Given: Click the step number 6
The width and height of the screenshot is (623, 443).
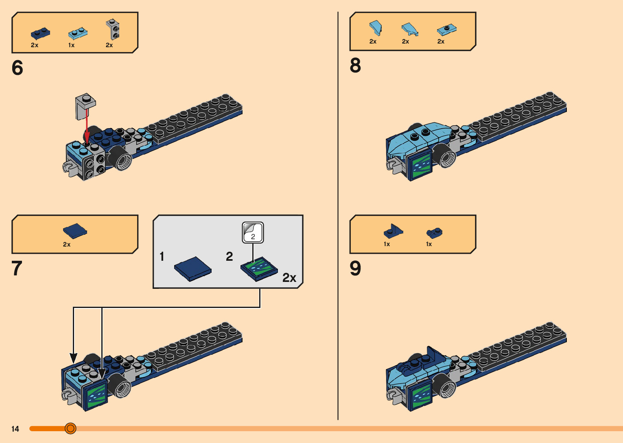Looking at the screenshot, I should coord(17,68).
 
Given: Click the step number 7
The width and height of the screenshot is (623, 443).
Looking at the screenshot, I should coord(17,268).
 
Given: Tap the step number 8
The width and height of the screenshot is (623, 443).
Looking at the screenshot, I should coord(355,65).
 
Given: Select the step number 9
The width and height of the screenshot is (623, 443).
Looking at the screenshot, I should coord(355,268).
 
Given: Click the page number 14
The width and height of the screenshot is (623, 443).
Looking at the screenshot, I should coord(15,429).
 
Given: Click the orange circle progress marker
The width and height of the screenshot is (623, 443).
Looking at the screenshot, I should coord(70,428).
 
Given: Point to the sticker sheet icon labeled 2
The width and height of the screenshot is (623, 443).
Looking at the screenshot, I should coord(253,233).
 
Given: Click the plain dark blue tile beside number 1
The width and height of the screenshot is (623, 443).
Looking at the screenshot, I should coord(192,268).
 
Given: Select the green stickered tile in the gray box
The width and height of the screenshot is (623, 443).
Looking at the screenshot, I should coord(259,269).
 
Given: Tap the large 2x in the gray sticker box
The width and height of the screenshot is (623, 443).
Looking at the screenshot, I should coord(289,278).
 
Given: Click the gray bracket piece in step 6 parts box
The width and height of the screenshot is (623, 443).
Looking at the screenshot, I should coord(113,29).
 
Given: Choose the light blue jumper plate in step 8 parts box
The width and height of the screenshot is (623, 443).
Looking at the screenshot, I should coord(446,30).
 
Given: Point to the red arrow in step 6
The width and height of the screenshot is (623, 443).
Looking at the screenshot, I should coord(87,126).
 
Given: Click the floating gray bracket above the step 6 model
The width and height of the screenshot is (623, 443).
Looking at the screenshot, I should coord(85,106).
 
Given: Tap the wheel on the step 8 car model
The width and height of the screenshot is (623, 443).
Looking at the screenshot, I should coord(446,156).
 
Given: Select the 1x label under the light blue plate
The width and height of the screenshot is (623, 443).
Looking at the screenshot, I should coord(72,45).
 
